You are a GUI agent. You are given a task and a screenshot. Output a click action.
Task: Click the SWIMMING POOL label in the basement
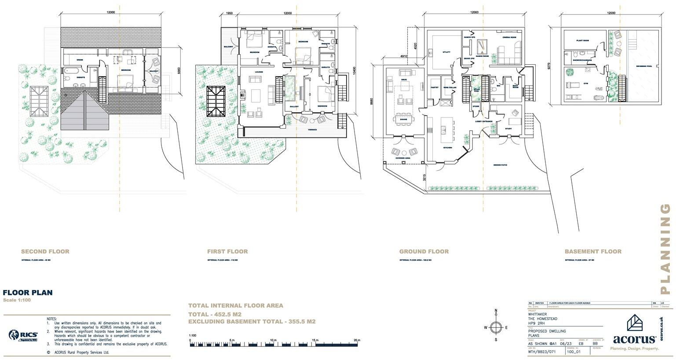click(x=644, y=66)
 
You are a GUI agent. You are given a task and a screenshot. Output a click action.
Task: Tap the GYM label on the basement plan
click(x=585, y=83)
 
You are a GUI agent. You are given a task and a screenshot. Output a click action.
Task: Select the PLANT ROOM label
click(x=583, y=40)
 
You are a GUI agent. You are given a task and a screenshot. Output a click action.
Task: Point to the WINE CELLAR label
click(x=449, y=88)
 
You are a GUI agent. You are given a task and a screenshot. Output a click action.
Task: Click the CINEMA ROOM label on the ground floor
click(x=509, y=37)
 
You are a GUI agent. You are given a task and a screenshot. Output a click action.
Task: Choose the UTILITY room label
click(x=446, y=52)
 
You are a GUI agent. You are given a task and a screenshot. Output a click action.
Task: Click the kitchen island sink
click(x=443, y=130)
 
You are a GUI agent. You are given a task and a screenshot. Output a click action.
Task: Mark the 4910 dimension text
click(x=404, y=56)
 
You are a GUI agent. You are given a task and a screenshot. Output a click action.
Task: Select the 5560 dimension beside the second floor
click(x=178, y=70)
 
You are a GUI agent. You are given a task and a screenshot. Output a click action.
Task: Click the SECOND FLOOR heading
click(x=45, y=252)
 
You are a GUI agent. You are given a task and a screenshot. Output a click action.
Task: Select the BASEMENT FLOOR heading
click(x=593, y=252)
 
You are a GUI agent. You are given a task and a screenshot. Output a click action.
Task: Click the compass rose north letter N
click(x=496, y=311)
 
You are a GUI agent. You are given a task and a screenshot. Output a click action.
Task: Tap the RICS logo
click(x=23, y=335)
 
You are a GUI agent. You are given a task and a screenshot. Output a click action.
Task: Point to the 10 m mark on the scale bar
click(x=273, y=340)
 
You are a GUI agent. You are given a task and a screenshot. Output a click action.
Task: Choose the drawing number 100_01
click(x=573, y=352)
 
